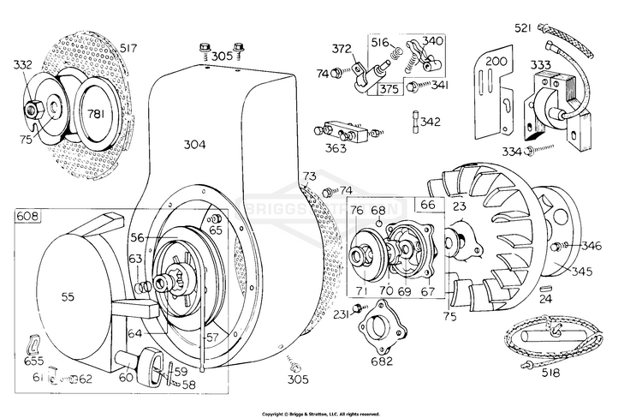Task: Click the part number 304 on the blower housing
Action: [194, 145]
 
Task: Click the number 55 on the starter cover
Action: [69, 296]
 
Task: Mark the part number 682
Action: [381, 361]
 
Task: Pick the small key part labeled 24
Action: [545, 288]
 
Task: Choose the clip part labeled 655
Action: [35, 343]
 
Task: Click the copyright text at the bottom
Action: [320, 413]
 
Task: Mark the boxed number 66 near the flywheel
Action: [425, 206]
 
